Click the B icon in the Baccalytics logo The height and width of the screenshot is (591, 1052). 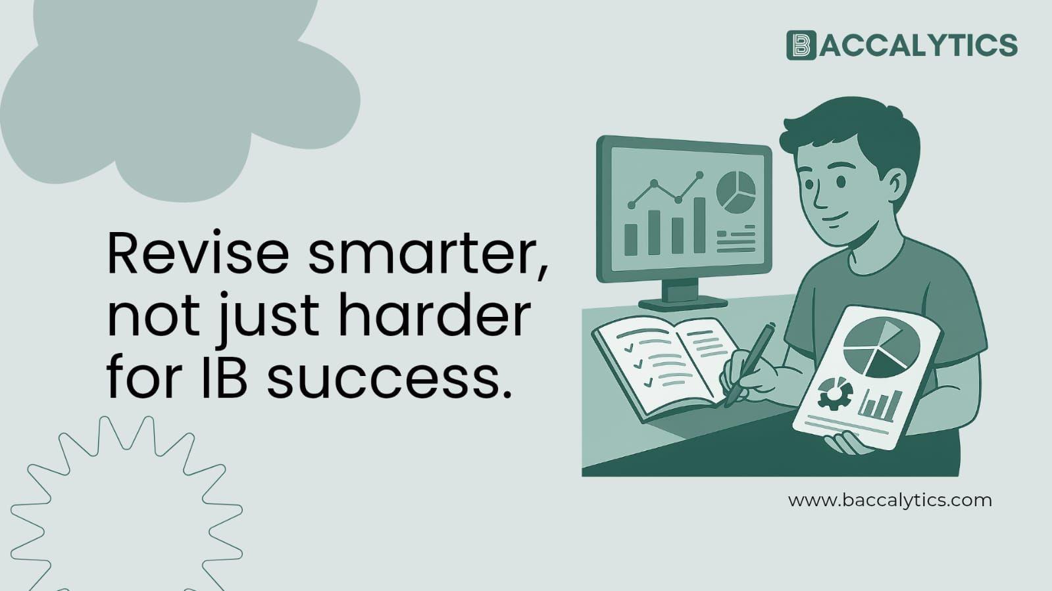(x=801, y=45)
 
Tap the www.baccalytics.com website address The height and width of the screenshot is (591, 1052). (x=889, y=500)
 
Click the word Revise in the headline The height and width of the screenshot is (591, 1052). (x=197, y=253)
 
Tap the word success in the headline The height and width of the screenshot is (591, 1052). (x=388, y=379)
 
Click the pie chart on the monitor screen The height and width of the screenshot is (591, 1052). (x=736, y=192)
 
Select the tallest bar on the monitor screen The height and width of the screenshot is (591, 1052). (x=699, y=225)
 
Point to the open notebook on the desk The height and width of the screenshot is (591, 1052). (x=664, y=362)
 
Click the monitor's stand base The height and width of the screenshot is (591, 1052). (x=682, y=303)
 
